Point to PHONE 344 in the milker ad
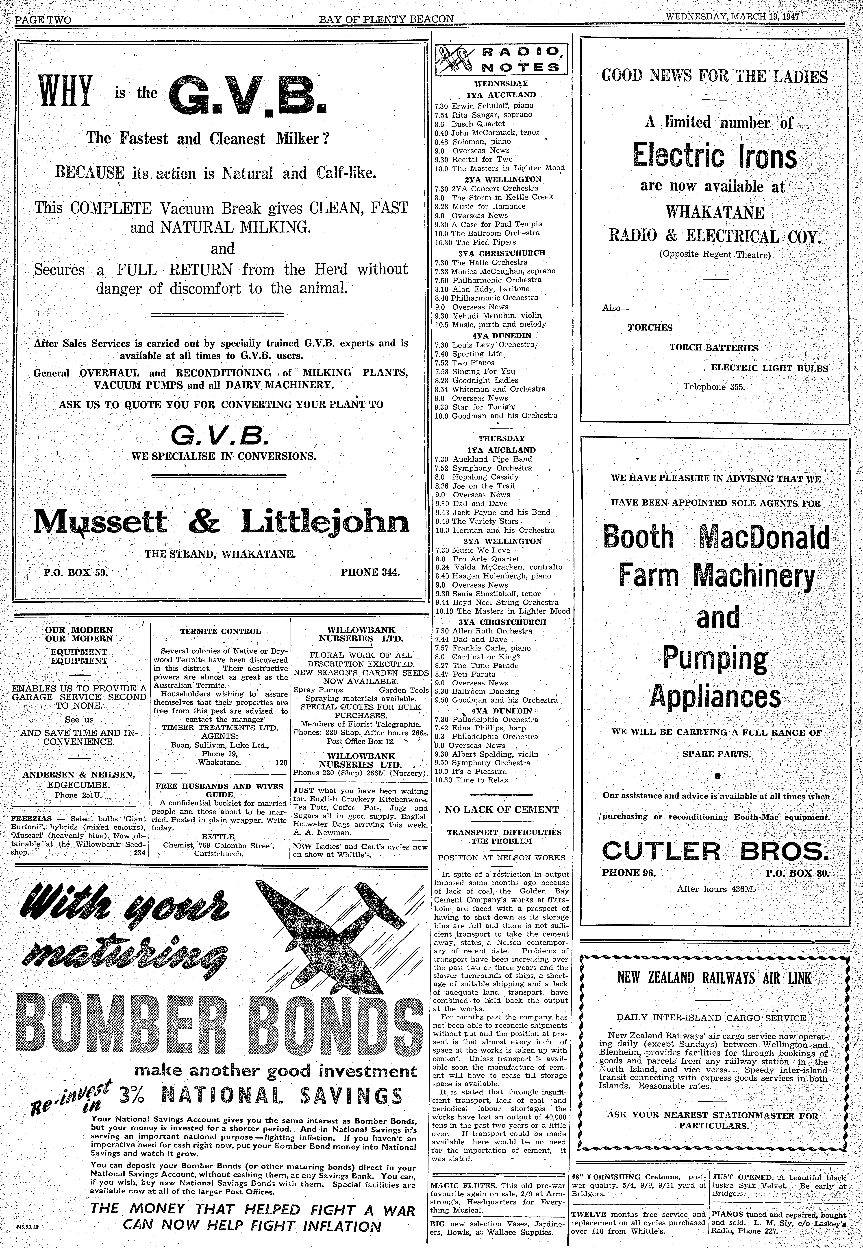pos(370,572)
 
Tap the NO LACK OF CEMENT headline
pos(501,809)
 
